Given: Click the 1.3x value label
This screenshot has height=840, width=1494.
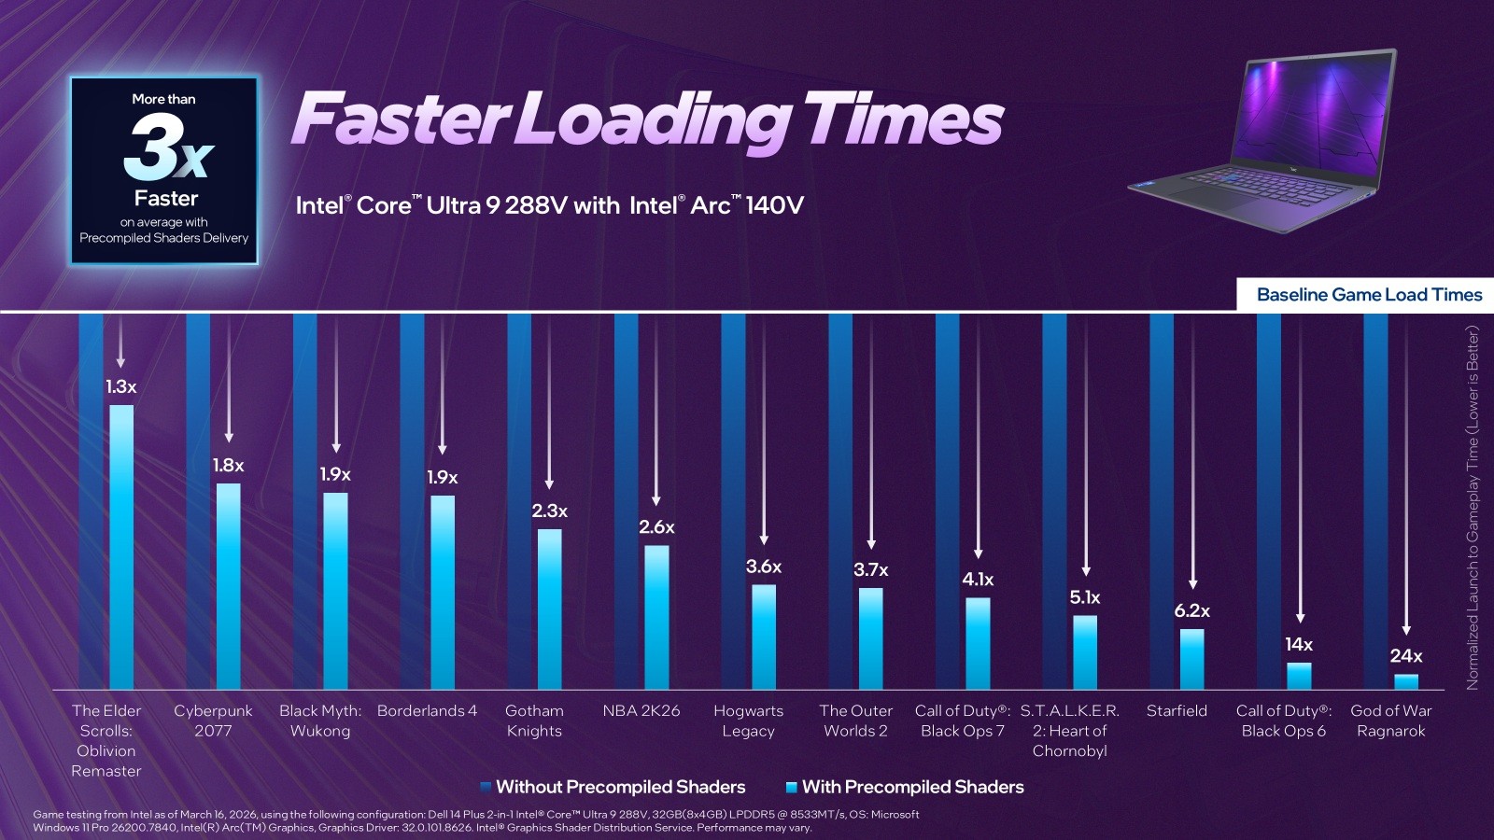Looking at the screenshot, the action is (x=120, y=386).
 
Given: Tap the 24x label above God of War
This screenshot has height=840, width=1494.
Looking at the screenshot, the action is (x=1405, y=656).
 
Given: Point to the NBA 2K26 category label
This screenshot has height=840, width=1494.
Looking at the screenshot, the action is (x=641, y=711).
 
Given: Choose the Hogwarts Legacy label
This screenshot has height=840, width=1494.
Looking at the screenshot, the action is (x=748, y=721).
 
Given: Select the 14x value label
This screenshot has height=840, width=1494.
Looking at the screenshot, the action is (x=1299, y=645).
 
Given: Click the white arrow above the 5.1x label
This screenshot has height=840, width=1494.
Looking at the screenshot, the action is (x=1086, y=448).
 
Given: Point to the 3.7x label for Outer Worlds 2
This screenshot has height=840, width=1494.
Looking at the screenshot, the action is (x=870, y=570).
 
